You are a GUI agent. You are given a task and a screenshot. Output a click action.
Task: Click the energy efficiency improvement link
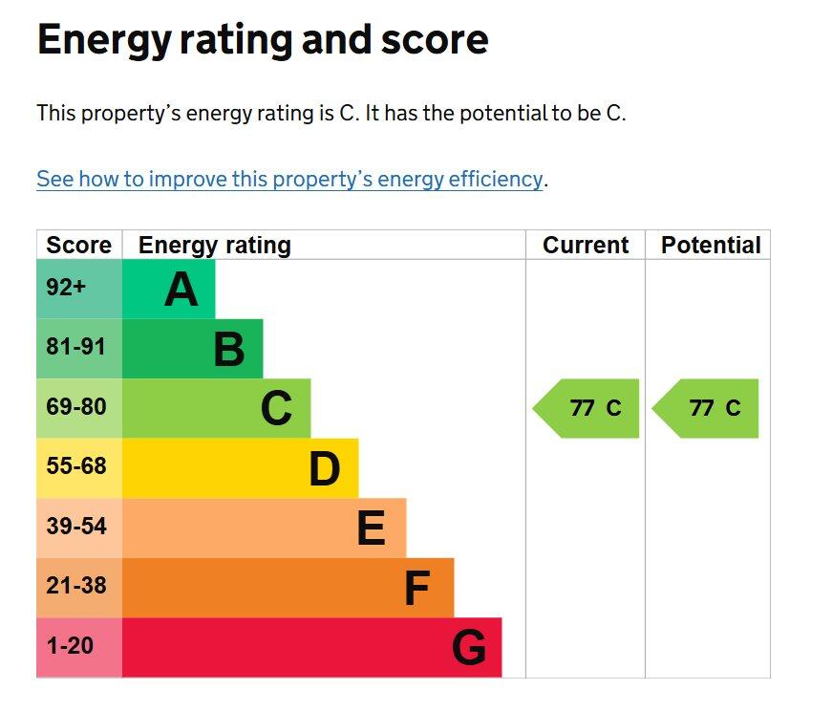click(x=289, y=179)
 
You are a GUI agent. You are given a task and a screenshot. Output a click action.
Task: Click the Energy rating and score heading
click(x=263, y=40)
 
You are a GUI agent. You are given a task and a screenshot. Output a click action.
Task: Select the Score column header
click(x=79, y=245)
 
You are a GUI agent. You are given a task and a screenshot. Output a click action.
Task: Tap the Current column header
click(x=586, y=245)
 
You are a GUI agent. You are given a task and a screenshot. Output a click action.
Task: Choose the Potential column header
click(x=711, y=245)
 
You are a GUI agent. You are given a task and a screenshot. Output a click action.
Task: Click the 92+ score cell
click(x=67, y=287)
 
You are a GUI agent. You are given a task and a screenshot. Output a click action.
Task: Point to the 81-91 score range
click(x=75, y=347)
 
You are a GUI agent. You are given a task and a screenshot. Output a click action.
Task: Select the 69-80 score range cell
click(x=76, y=407)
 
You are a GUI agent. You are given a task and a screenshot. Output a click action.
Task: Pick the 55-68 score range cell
click(x=76, y=467)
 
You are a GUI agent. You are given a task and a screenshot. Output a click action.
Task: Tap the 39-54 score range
click(x=76, y=527)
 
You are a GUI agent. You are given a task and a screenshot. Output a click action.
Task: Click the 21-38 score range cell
click(x=76, y=586)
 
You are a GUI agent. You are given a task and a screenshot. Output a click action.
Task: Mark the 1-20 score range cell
click(x=70, y=646)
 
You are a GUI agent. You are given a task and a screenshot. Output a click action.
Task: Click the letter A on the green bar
click(x=181, y=290)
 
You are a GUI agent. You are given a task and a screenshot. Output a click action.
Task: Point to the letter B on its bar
click(x=229, y=350)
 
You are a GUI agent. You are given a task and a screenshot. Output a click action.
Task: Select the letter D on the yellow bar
click(x=325, y=469)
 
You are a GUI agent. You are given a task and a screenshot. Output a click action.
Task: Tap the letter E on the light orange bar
click(x=371, y=529)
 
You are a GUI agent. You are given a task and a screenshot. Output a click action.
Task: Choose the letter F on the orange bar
click(x=416, y=589)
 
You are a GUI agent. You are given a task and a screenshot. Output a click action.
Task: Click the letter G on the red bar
click(x=469, y=649)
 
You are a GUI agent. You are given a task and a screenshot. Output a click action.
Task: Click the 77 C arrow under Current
click(x=587, y=408)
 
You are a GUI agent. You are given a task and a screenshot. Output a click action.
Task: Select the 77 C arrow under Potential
click(x=707, y=408)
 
